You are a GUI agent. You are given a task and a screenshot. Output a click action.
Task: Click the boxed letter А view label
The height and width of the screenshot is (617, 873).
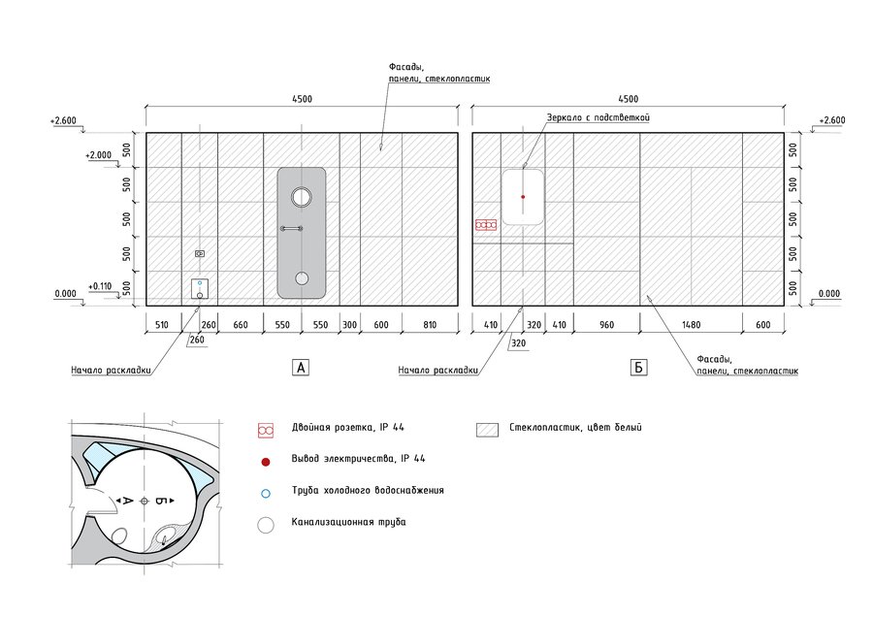coord(301,368)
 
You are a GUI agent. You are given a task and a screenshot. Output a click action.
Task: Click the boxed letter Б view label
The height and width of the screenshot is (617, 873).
coord(638,368)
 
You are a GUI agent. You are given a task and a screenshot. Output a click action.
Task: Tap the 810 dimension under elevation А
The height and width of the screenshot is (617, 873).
coord(430,325)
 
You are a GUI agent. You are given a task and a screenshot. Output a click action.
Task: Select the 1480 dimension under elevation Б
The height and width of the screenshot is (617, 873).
coord(691,325)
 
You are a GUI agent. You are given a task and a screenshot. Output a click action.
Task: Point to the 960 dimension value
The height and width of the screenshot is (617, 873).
coord(606,325)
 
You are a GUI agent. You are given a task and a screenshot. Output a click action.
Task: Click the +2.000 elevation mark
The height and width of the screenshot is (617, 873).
coord(98,155)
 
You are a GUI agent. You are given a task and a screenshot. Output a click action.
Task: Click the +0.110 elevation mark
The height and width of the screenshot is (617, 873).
coord(100,286)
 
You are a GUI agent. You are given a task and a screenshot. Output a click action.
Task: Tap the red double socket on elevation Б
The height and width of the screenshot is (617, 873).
coord(486,225)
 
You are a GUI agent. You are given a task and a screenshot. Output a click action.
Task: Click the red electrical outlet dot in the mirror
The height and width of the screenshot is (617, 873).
coord(523,197)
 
